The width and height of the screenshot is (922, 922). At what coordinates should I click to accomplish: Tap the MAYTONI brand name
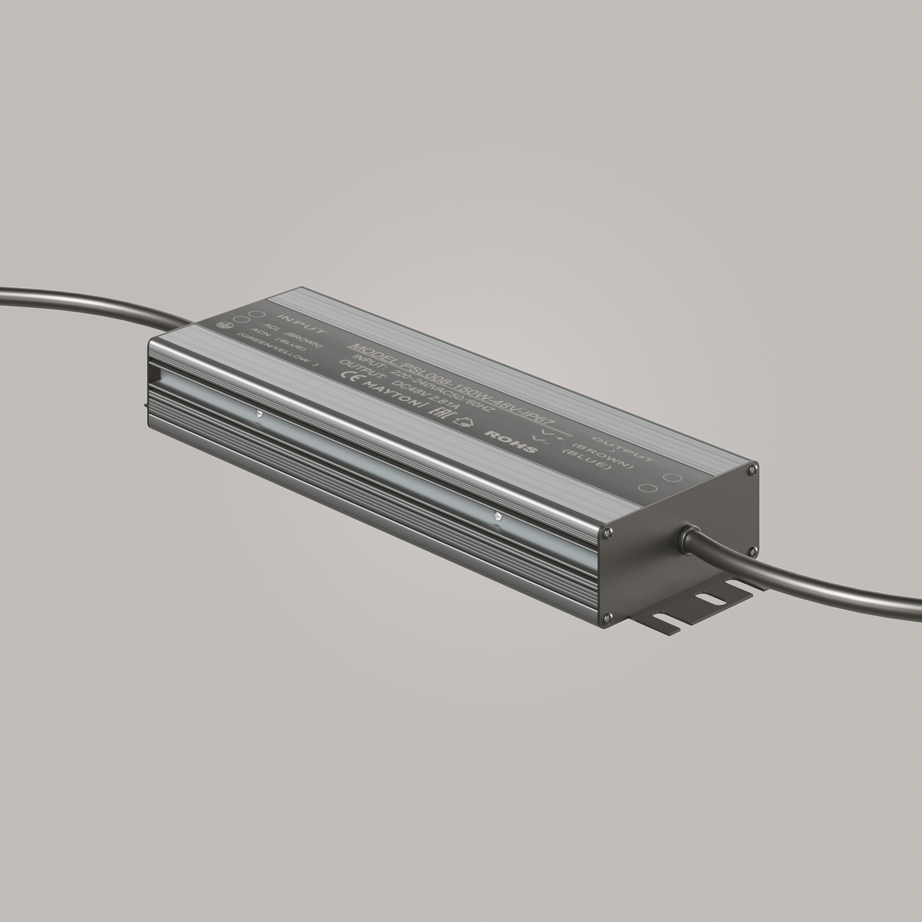point(392,394)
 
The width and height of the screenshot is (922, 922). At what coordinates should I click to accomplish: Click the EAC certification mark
point(437,411)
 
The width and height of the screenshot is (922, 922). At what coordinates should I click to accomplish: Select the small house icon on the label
point(462,421)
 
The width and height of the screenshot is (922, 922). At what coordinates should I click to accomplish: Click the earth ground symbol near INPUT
point(222,325)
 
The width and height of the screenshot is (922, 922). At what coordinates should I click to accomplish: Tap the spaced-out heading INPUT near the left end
point(302,324)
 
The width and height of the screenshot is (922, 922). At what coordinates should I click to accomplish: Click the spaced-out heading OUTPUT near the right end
point(622,449)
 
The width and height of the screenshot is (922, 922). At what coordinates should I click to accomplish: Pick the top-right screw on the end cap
point(753,470)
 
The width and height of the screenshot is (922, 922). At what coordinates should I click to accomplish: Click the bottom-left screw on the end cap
point(608,619)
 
